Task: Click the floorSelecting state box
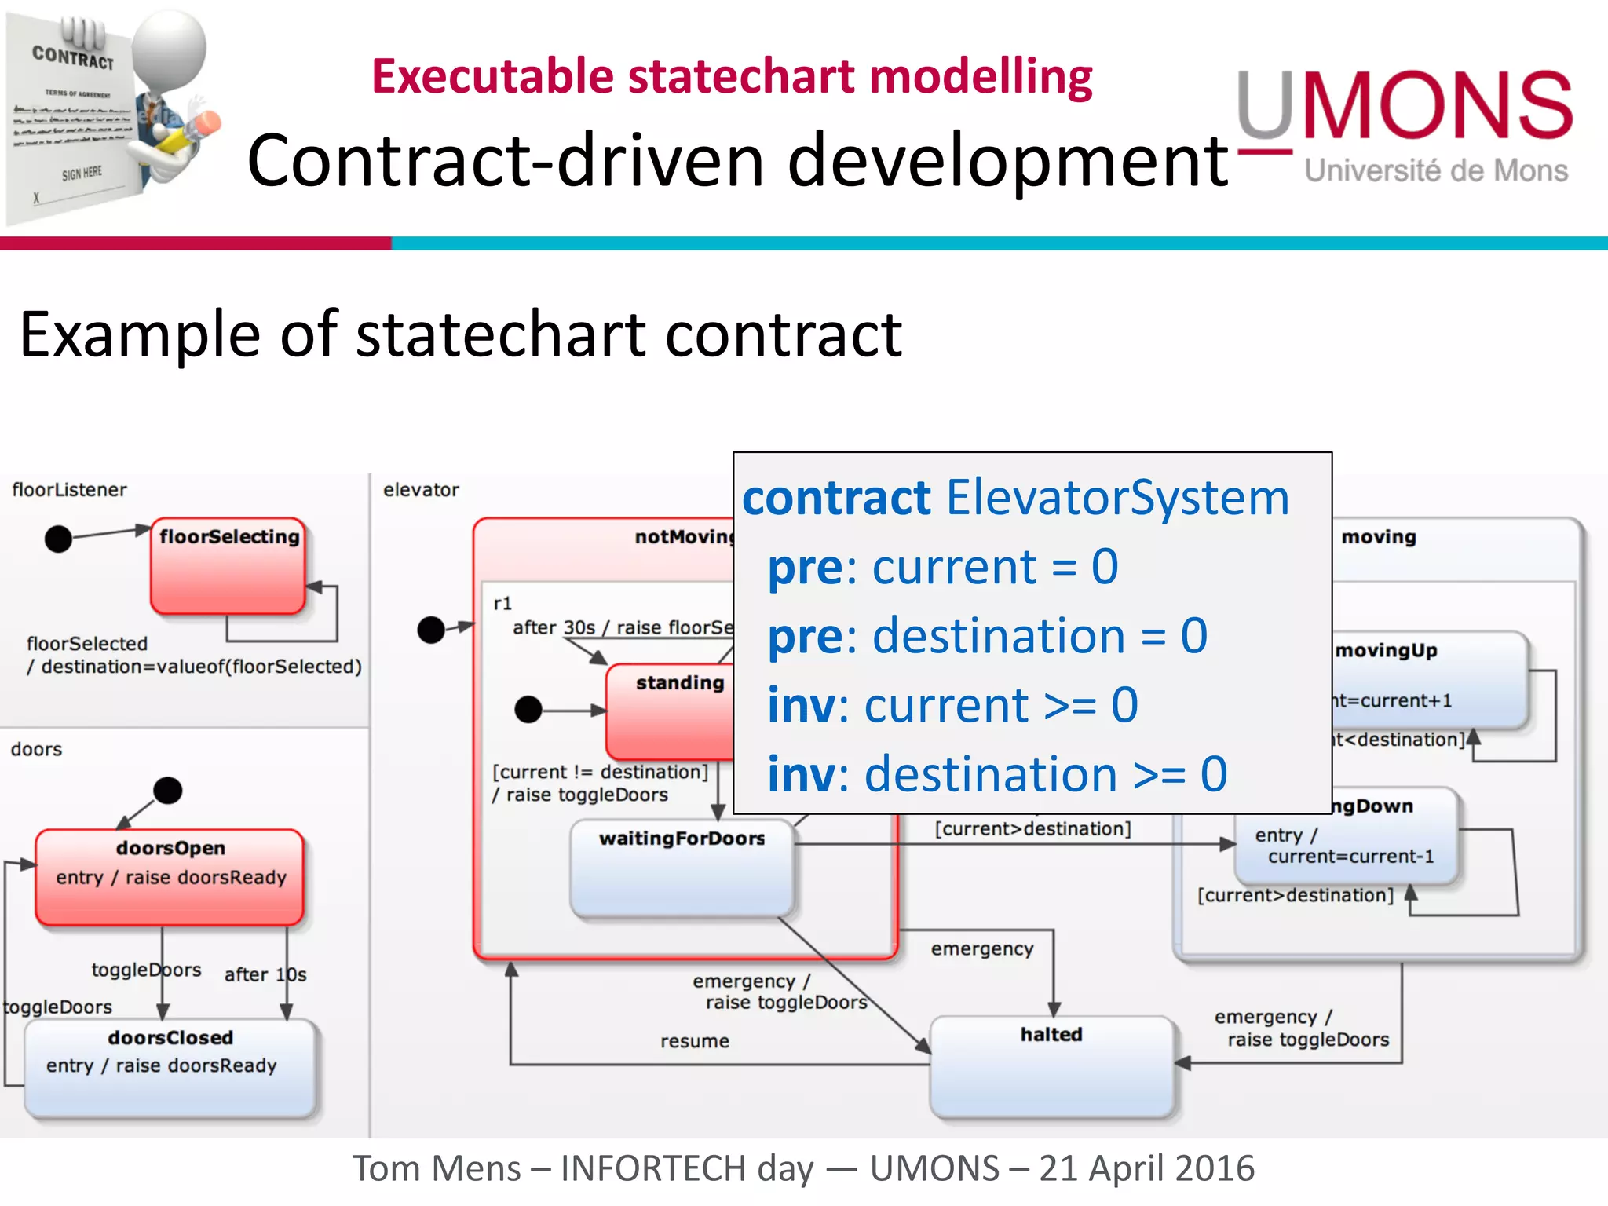click(x=228, y=566)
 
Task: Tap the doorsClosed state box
click(x=170, y=1069)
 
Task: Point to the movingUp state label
click(x=1387, y=651)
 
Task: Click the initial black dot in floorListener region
click(x=58, y=539)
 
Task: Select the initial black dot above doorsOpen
click(x=167, y=790)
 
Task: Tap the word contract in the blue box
click(x=836, y=498)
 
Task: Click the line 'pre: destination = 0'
click(x=987, y=636)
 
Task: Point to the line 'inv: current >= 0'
click(x=952, y=705)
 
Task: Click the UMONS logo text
click(x=1405, y=106)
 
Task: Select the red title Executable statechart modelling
click(x=731, y=77)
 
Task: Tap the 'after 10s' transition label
click(x=265, y=975)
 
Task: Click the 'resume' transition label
click(x=695, y=1041)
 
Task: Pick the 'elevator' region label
click(x=421, y=490)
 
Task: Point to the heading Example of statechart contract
click(x=460, y=334)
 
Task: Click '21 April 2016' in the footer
click(x=1146, y=1168)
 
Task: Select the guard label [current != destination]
click(x=600, y=773)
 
